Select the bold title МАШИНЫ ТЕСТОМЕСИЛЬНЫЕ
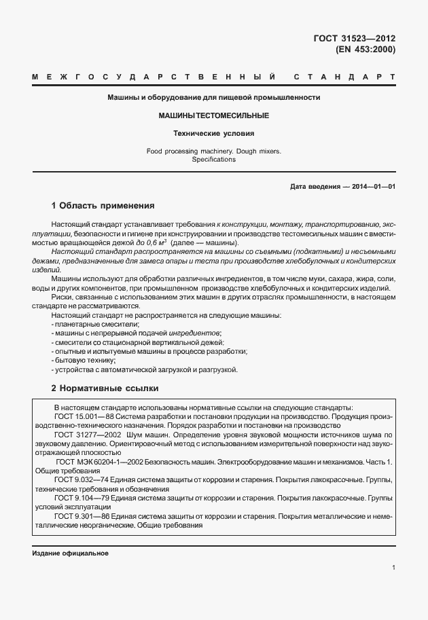click(214, 116)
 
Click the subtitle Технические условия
click(214, 134)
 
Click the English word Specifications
click(214, 160)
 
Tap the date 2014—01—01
click(374, 186)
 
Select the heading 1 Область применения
click(103, 205)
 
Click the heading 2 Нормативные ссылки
click(105, 388)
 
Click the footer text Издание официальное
click(71, 553)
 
